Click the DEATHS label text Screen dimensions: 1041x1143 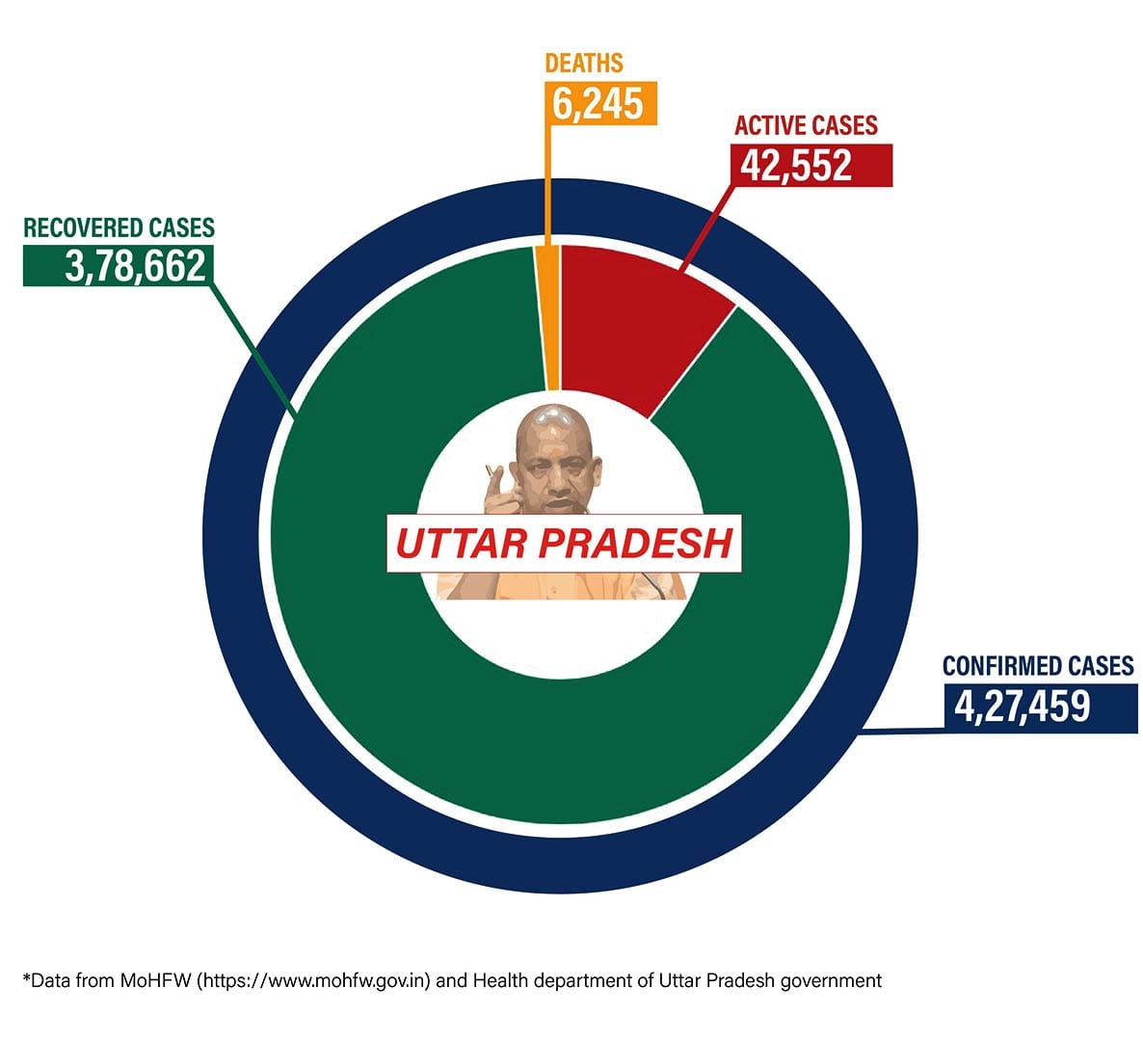click(x=584, y=64)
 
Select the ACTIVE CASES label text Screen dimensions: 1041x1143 click(x=806, y=125)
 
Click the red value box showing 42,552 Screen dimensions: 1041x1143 click(x=811, y=166)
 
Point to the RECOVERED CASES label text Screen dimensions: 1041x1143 click(x=119, y=227)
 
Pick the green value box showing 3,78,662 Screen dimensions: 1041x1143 click(x=118, y=266)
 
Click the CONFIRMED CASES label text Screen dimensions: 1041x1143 click(x=1037, y=666)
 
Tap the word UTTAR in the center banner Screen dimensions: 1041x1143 click(x=461, y=544)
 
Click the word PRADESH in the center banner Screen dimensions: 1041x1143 click(x=635, y=544)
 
